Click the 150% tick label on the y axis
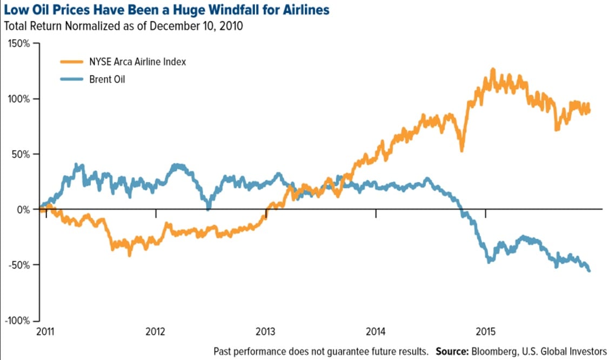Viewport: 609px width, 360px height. (19, 43)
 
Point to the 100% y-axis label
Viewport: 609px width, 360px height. (19, 99)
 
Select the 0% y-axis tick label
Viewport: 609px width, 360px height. (24, 209)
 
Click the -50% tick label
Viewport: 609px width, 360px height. (20, 265)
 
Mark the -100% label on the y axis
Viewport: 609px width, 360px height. (18, 321)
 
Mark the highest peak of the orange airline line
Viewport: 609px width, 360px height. (492, 70)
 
